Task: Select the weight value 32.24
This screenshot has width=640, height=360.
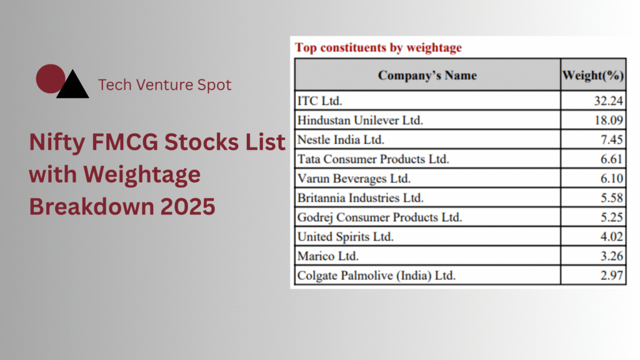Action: click(608, 101)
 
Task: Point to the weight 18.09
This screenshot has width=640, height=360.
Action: click(609, 121)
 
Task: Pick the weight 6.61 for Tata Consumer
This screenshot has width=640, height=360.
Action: click(611, 159)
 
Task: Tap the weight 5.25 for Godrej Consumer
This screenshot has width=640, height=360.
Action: click(611, 217)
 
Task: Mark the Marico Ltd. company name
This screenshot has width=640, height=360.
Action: click(327, 256)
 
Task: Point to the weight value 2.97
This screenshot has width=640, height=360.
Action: click(611, 276)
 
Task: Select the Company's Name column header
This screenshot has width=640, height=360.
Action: click(427, 75)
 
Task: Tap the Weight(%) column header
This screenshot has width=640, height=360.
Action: click(593, 75)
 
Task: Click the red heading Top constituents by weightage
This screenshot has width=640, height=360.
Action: click(378, 47)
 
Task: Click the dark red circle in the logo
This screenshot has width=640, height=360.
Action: click(50, 79)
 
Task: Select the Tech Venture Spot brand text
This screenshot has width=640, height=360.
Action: click(164, 85)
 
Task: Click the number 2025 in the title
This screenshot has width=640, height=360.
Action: click(187, 206)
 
